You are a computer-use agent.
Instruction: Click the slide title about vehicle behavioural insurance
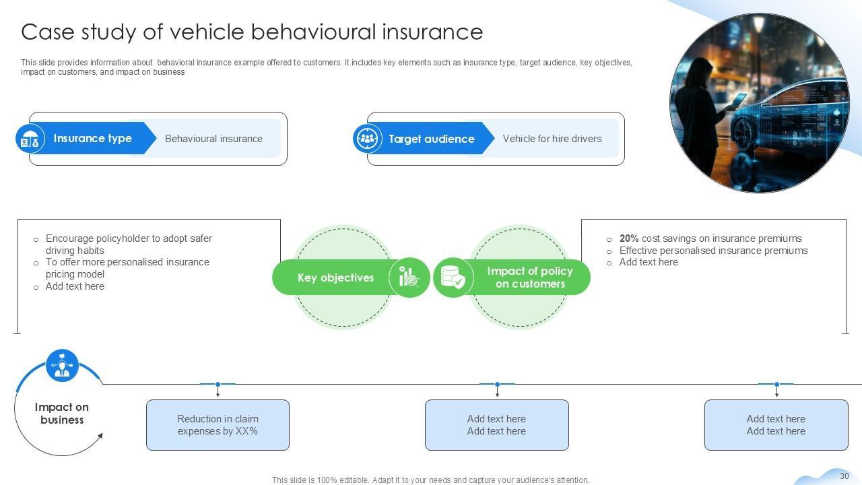point(251,32)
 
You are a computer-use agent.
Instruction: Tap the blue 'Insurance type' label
point(92,139)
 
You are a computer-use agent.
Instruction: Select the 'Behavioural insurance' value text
point(213,139)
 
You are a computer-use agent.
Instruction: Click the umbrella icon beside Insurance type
point(30,139)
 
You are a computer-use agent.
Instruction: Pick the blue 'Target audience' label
point(431,139)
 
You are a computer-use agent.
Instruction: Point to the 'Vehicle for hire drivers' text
point(552,139)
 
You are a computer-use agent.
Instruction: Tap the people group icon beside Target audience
point(368,139)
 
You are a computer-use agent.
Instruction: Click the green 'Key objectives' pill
point(335,278)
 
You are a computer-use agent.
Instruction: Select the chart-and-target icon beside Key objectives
point(409,277)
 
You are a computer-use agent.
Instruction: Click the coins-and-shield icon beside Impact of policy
point(453,277)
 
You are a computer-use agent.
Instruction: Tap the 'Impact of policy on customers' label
point(530,278)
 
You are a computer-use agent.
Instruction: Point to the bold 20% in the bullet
point(629,238)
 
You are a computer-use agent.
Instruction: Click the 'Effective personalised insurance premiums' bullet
point(713,251)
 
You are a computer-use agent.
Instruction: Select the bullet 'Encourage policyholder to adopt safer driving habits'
point(129,244)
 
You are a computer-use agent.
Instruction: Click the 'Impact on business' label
point(61,413)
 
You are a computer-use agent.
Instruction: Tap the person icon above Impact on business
point(63,366)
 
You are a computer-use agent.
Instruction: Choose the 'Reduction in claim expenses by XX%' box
point(218,425)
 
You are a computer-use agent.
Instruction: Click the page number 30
point(844,476)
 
